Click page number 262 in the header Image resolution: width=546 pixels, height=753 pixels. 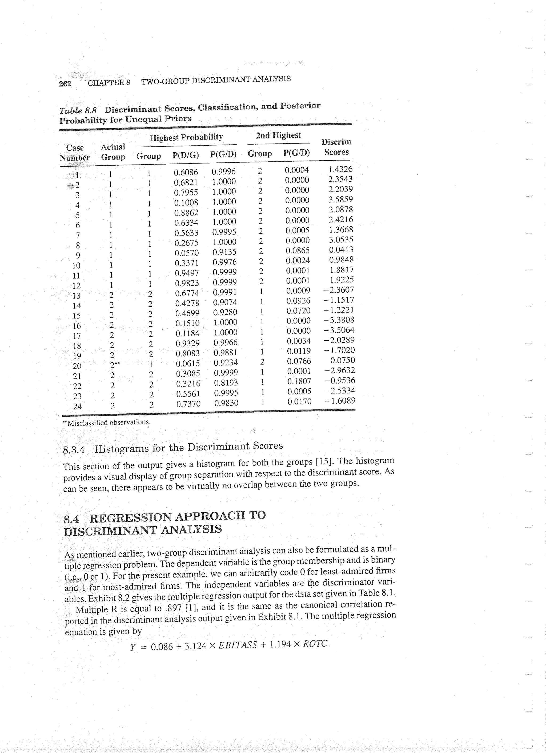coord(65,83)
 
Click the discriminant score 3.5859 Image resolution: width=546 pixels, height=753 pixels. coord(340,199)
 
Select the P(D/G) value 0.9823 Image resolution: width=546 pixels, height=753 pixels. coord(187,283)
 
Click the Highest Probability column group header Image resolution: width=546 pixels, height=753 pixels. coord(186,137)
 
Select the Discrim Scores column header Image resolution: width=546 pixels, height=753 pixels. coord(336,147)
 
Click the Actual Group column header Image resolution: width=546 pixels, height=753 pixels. coord(113,152)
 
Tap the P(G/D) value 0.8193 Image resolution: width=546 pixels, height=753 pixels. coord(226,383)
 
